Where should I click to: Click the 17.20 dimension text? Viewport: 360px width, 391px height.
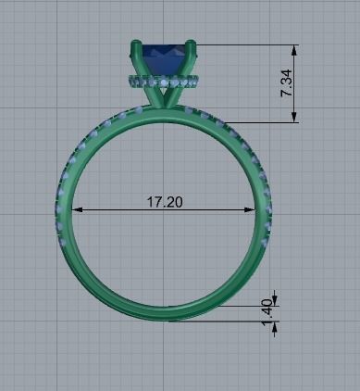[164, 201]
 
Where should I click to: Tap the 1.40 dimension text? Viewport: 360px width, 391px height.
[267, 311]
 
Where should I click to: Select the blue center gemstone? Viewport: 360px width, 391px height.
[163, 58]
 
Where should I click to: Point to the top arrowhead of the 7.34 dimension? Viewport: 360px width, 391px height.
[295, 49]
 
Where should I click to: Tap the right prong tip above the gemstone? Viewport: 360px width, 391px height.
[191, 44]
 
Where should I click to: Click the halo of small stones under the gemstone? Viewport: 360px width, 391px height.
[163, 83]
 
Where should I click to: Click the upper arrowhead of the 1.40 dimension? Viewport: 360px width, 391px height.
[276, 297]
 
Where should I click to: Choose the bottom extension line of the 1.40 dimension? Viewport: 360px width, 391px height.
[231, 321]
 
